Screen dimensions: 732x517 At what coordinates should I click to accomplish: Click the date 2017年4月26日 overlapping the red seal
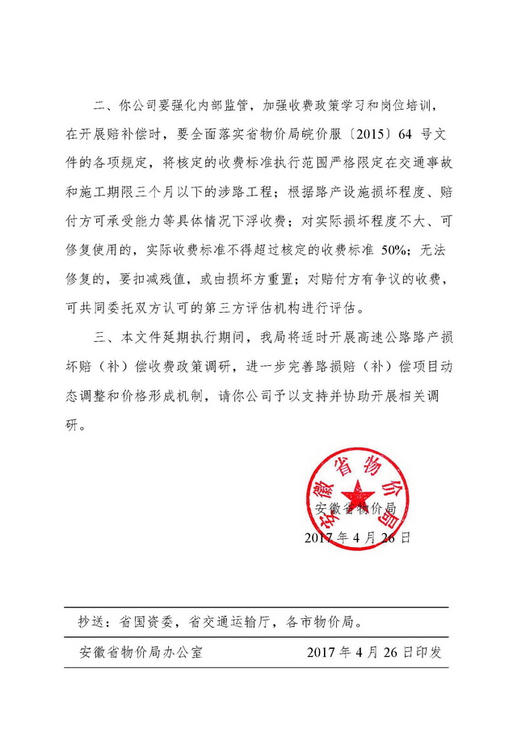coord(358,537)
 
